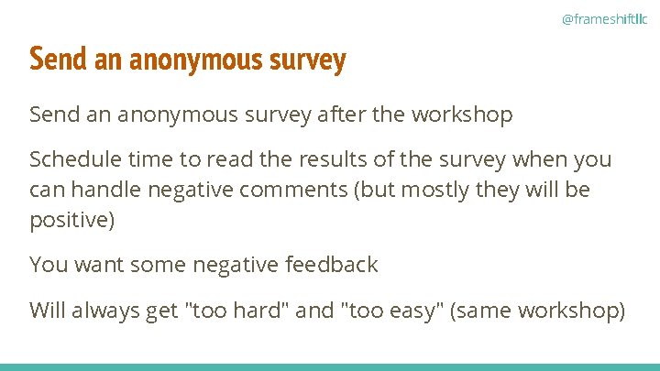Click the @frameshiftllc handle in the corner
pyautogui.click(x=604, y=18)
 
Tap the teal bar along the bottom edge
pyautogui.click(x=330, y=366)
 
